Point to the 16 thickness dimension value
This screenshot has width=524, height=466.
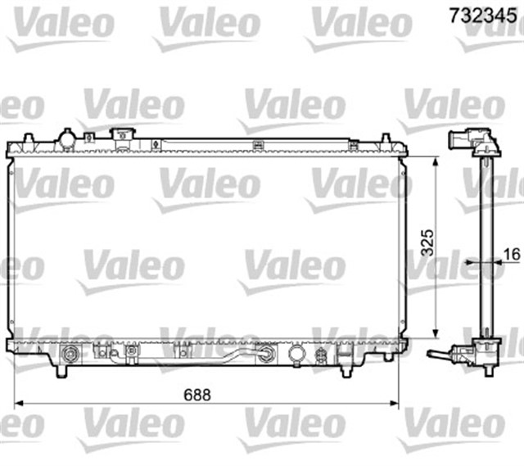(x=511, y=254)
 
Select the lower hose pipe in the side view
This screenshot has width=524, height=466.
(x=440, y=355)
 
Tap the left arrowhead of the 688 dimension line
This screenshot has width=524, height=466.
(x=21, y=404)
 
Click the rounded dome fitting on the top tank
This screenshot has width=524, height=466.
(x=66, y=138)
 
